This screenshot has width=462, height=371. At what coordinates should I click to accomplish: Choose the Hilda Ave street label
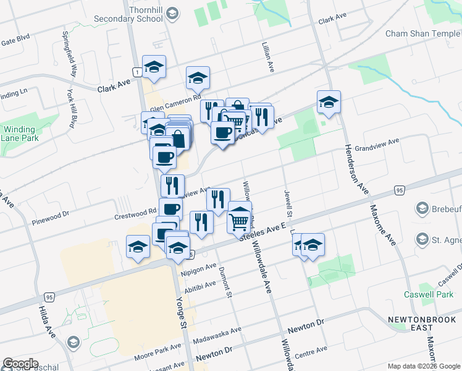coord(47,322)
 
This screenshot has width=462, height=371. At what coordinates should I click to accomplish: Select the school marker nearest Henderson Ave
coord(329,102)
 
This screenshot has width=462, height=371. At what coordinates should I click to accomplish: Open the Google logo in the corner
coord(21,364)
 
